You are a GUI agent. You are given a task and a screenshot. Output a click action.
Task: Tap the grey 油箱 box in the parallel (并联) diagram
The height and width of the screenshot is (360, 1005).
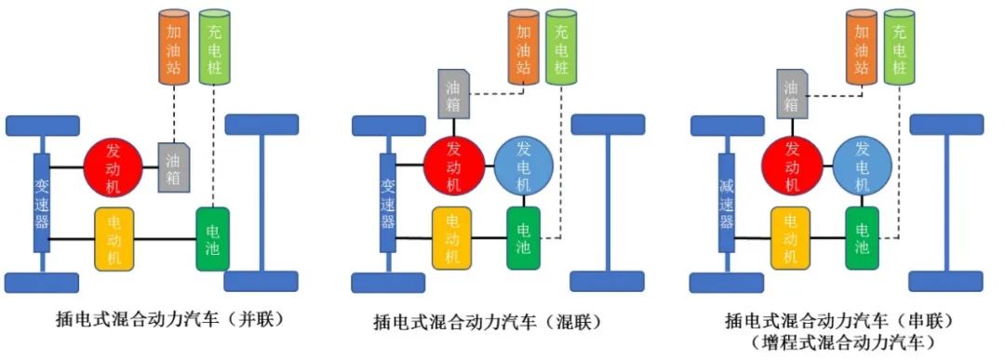click(174, 167)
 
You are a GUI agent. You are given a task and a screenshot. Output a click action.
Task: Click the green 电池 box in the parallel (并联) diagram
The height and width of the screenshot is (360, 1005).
click(213, 239)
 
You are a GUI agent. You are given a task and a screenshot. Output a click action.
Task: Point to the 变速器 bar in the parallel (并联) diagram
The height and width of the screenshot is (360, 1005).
click(42, 202)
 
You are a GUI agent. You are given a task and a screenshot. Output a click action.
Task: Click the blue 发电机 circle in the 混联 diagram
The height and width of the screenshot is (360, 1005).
click(524, 167)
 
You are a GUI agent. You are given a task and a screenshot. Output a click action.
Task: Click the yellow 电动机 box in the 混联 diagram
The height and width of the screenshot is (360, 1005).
click(453, 239)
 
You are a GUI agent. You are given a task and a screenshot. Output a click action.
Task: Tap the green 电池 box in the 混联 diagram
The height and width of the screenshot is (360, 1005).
click(524, 239)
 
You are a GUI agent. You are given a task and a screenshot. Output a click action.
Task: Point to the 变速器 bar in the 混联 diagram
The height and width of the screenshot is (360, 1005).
click(387, 202)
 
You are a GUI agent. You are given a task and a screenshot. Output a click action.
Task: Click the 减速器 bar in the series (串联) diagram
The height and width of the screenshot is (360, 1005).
click(727, 202)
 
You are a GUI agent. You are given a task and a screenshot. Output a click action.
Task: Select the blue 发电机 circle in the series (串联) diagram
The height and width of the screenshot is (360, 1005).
click(863, 167)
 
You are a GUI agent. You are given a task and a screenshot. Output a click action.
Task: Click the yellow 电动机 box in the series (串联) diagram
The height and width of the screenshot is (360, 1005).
click(792, 239)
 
